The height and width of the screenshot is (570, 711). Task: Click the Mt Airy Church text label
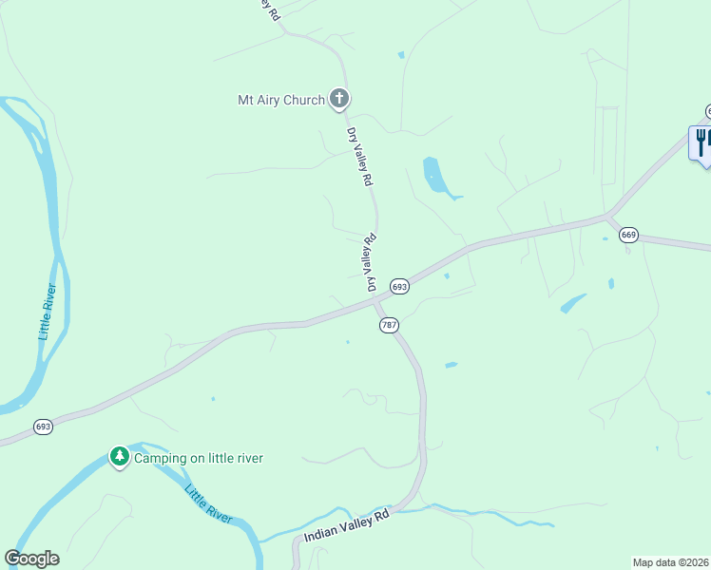[x=280, y=100]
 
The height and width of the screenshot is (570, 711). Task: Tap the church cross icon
[x=339, y=98]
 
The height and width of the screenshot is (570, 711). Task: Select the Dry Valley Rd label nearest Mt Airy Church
[x=360, y=157]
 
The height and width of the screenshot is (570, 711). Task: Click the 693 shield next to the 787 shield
[x=399, y=286]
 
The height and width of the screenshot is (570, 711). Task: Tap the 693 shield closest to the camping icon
[x=43, y=427]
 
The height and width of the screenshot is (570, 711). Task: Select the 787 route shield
[x=389, y=325]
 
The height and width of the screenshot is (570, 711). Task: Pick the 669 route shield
[x=627, y=235]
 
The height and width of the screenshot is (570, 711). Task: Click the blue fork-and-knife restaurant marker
[x=701, y=142]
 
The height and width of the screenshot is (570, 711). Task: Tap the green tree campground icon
[x=119, y=458]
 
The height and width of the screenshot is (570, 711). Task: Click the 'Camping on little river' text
[x=198, y=459]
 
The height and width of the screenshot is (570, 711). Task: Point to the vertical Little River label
[x=49, y=312]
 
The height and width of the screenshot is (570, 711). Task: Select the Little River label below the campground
[x=208, y=504]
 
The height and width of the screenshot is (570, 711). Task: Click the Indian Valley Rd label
[x=347, y=526]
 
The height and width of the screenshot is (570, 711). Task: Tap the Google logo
[x=32, y=559]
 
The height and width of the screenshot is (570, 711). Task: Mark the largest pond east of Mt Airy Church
[x=435, y=177]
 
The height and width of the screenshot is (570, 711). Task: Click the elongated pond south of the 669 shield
[x=573, y=303]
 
